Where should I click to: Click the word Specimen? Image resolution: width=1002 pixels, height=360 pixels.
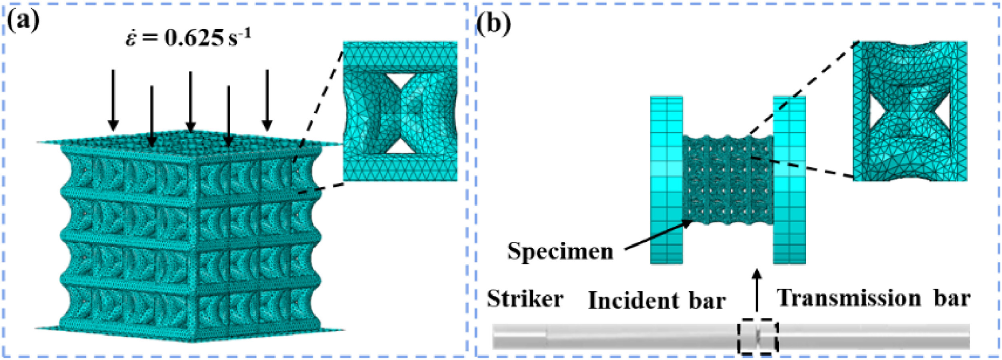click(560, 252)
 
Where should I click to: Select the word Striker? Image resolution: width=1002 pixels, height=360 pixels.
click(525, 299)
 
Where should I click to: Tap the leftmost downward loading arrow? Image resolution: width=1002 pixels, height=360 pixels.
click(113, 100)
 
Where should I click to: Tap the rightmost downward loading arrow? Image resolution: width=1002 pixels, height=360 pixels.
click(267, 100)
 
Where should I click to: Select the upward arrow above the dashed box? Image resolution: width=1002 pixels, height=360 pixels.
click(757, 292)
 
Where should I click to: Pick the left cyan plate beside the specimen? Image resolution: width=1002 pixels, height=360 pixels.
click(666, 180)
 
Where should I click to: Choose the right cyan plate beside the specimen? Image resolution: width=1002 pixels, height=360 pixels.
click(789, 180)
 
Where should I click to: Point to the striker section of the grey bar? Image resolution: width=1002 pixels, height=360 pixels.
click(519, 336)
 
